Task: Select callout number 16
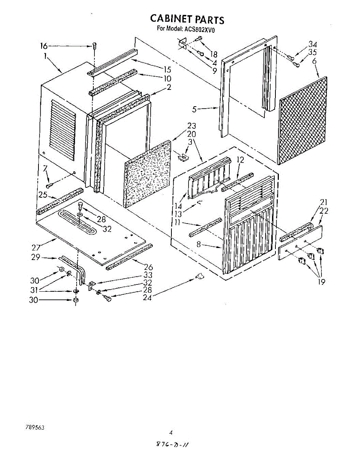coord(44,46)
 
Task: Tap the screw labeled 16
coord(94,47)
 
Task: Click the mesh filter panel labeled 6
coord(303,120)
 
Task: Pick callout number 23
coord(191,126)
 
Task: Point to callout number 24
coord(147,298)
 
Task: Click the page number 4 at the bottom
coord(171,432)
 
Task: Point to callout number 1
coord(45,56)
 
